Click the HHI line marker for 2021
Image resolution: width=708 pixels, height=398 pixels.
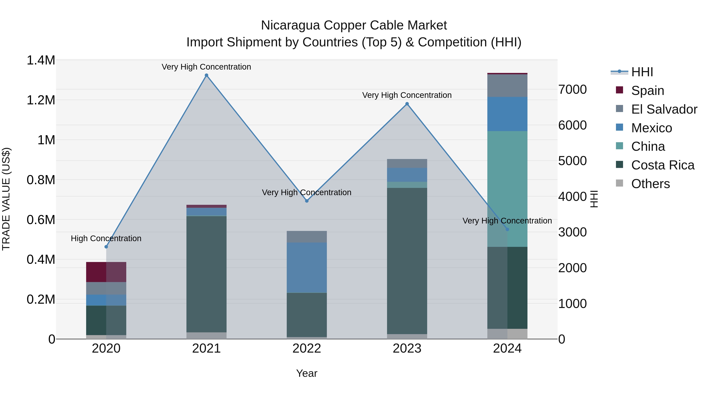click(206, 75)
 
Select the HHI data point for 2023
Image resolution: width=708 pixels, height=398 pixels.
click(407, 104)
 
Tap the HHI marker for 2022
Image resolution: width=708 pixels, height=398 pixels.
click(307, 201)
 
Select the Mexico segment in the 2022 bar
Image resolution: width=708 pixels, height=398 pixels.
click(307, 267)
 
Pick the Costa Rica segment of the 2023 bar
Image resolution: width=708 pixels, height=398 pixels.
click(407, 261)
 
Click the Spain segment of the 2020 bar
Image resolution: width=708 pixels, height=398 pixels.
click(106, 272)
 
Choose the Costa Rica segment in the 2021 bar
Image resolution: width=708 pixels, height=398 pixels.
click(206, 274)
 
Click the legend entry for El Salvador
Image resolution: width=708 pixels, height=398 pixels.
click(664, 109)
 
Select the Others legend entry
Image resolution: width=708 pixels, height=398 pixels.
click(650, 184)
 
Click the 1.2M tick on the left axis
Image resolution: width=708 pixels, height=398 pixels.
click(41, 100)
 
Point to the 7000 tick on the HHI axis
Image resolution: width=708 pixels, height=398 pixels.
click(572, 90)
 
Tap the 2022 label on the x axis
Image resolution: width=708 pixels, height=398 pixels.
click(307, 348)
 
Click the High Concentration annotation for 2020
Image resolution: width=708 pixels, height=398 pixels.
click(106, 238)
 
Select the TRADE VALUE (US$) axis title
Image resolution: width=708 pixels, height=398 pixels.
click(6, 199)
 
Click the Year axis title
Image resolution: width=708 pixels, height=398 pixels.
click(307, 373)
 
